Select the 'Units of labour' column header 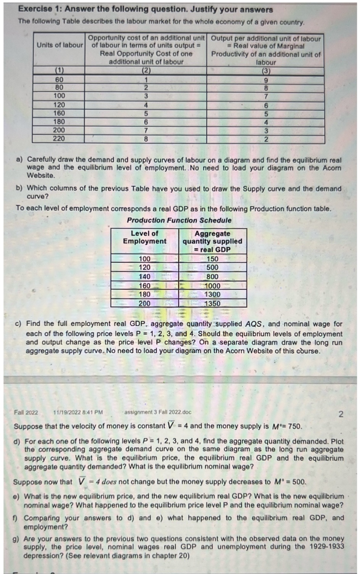point(59,45)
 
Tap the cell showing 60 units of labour point(59,80)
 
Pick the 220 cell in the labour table point(59,138)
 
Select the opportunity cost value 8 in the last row point(146,139)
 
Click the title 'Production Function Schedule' point(179,220)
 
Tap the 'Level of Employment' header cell point(145,237)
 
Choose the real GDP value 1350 point(212,304)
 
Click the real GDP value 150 point(212,259)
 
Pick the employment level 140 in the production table point(145,277)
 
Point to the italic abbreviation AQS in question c point(253,324)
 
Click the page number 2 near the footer point(341,414)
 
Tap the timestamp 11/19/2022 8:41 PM point(78,412)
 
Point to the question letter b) point(19,188)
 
